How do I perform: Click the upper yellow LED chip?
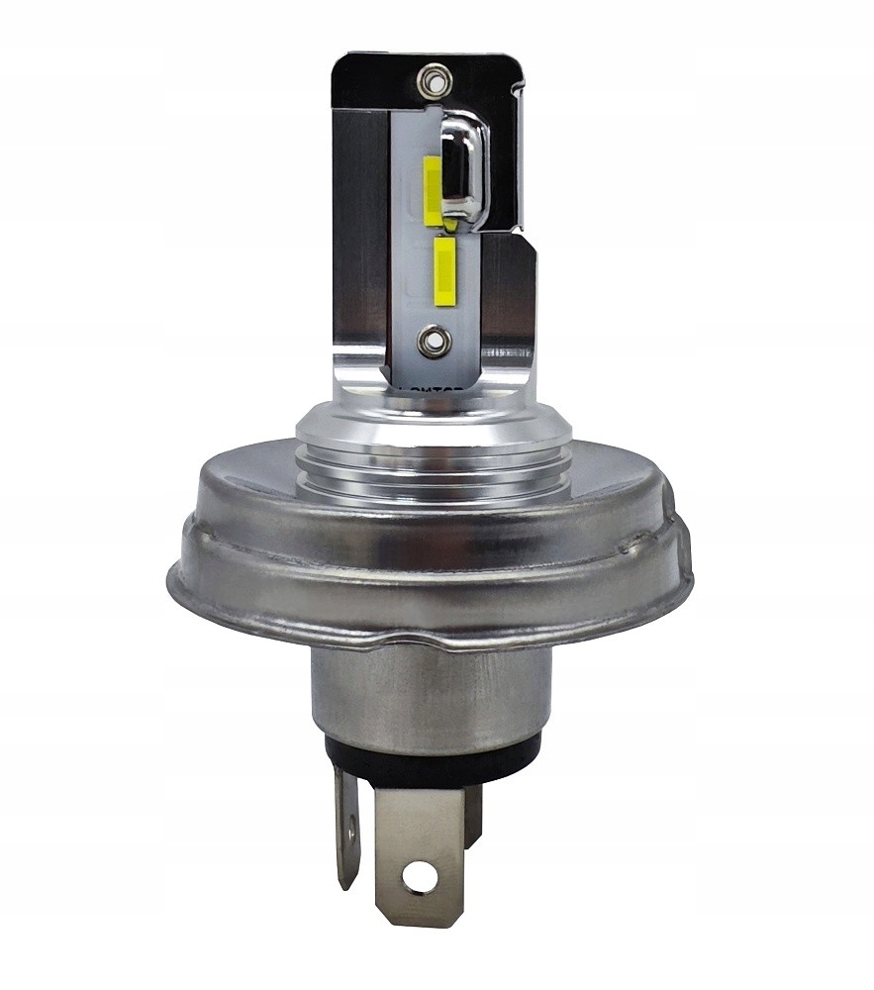pos(433,188)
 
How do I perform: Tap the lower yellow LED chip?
pos(443,269)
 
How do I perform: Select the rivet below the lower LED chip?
pos(433,342)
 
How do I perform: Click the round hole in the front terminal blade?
pos(420,874)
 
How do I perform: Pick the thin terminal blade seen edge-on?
pos(346,827)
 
